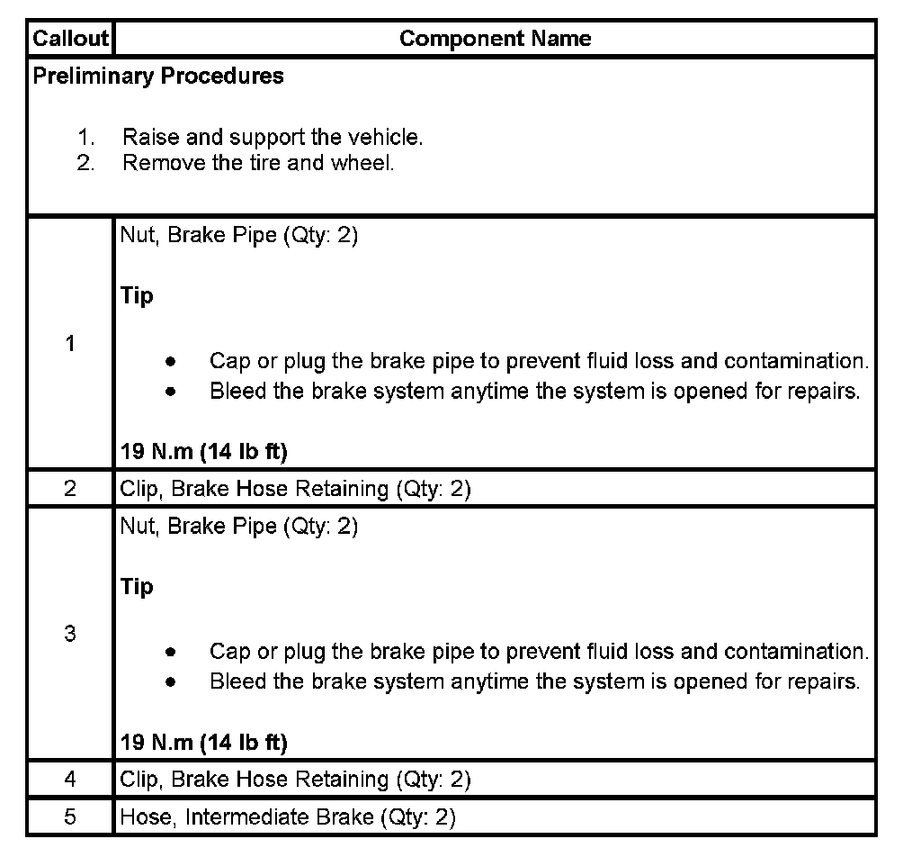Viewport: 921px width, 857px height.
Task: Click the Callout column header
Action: (70, 39)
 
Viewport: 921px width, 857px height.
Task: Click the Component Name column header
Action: (495, 39)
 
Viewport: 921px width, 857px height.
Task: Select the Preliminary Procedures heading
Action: (158, 77)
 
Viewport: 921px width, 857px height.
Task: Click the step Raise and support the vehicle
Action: (272, 138)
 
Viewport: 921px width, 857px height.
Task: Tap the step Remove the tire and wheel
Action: (258, 164)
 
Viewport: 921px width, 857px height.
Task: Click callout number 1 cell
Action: (70, 343)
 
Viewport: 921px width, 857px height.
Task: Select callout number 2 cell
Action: (70, 489)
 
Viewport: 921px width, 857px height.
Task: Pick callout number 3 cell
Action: (70, 634)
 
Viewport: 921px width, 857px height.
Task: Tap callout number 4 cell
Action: (70, 779)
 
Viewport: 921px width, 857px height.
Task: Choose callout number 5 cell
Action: (70, 817)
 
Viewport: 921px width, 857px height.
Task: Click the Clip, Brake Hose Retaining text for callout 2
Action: (295, 489)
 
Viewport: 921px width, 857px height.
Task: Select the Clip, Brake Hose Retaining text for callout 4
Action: (295, 779)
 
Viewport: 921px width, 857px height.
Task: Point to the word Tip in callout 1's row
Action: (137, 296)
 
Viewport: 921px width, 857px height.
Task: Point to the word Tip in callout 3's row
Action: (137, 587)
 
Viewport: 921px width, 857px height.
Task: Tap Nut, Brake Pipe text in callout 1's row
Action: (238, 238)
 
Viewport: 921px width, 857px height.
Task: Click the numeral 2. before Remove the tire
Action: (86, 164)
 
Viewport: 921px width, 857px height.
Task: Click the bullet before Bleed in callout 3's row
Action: (170, 682)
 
